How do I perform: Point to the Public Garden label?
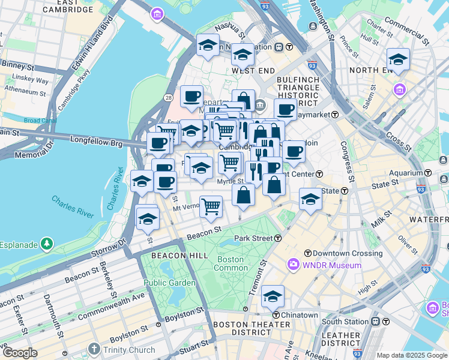(169, 283)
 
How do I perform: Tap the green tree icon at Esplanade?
(46, 244)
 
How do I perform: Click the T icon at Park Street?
(278, 238)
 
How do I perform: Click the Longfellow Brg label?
(96, 144)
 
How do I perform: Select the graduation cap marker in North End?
(397, 59)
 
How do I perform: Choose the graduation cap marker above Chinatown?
(273, 296)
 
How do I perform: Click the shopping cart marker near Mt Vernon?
(211, 207)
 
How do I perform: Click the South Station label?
(344, 321)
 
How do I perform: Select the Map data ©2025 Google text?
(412, 355)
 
